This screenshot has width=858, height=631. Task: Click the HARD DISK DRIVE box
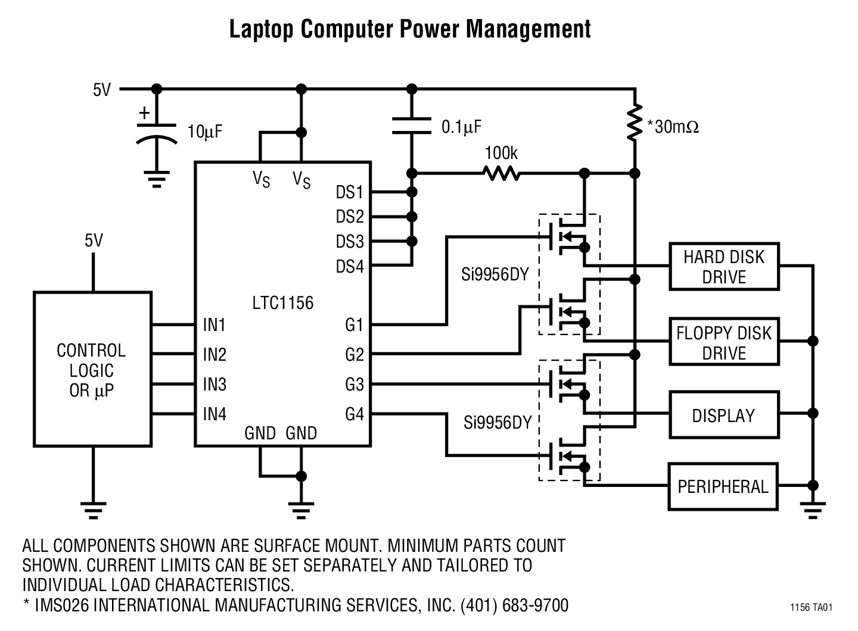pos(723,267)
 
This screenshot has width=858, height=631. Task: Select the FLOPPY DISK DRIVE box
pos(723,342)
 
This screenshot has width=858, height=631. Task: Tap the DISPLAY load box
pos(723,415)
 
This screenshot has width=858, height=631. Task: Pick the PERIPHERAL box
pos(722,486)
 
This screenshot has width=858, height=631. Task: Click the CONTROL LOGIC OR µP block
pos(92,369)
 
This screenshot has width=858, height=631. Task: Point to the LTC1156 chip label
pos(282,303)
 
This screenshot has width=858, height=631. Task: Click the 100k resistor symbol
pos(500,173)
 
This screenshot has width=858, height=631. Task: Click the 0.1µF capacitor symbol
pos(411,126)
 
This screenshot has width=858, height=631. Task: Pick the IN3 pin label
pos(214,385)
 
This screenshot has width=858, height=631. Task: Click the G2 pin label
pos(354,355)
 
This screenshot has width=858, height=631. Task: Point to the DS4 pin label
pos(349,266)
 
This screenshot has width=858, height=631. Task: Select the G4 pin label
pos(354,414)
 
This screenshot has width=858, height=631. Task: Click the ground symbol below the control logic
pos(93,510)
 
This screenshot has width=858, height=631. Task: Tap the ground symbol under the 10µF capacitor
pos(157,179)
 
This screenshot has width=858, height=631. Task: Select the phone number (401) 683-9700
pos(514,605)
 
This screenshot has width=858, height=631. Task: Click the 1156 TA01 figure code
pos(811,607)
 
